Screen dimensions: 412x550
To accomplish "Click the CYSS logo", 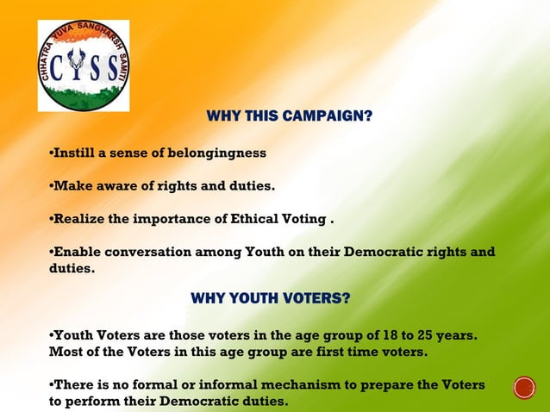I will pos(84,66).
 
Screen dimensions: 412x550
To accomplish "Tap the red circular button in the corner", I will pos(524,388).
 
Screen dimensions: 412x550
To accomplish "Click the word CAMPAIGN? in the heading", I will pos(330,115).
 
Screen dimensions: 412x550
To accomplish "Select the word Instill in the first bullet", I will pos(73,153).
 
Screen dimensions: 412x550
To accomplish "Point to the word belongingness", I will pos(222,153).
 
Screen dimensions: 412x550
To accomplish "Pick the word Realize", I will pos(79,219).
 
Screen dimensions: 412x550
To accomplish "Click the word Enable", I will pos(76,252).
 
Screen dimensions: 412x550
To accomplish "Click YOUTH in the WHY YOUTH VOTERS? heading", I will pos(251,298).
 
